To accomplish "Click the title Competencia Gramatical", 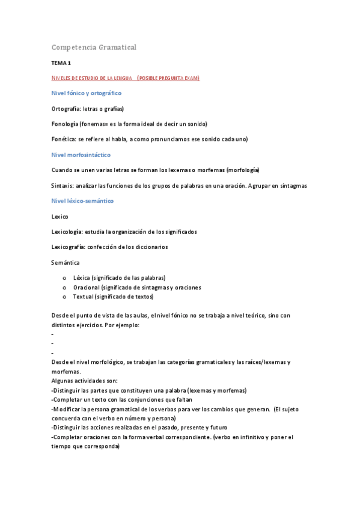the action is (94, 47).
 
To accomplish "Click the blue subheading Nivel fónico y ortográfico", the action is (87, 93).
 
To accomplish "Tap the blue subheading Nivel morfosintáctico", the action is (81, 155).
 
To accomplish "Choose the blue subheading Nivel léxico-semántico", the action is (82, 201).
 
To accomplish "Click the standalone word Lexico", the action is (60, 216).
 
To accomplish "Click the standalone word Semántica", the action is (66, 262).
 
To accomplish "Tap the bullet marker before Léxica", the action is (64, 278).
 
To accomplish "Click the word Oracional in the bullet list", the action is (86, 287).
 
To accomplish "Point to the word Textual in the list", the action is (83, 297).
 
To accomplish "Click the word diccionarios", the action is (152, 247).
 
